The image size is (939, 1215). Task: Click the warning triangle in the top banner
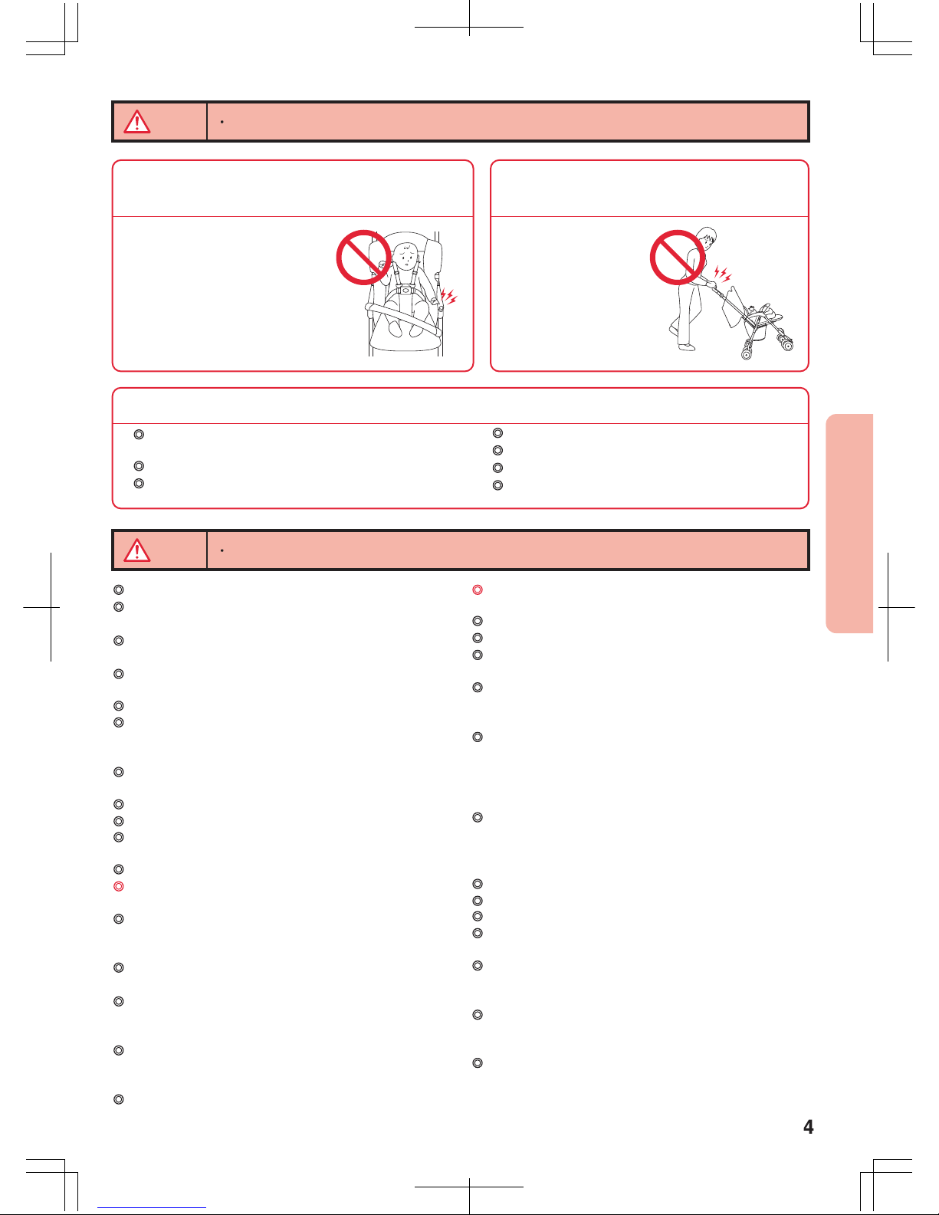[x=137, y=122]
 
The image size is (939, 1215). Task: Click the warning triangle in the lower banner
[x=137, y=550]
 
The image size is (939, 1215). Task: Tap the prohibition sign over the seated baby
[x=363, y=258]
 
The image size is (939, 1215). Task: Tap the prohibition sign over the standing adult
[x=678, y=258]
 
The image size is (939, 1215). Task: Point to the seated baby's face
[x=407, y=258]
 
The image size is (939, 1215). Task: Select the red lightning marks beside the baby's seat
[x=449, y=297]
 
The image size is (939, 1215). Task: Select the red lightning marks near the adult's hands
[x=723, y=274]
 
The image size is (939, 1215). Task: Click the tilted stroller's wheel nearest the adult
[x=746, y=353]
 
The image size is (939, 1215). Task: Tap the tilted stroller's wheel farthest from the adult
[x=787, y=345]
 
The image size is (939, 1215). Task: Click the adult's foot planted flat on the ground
[x=686, y=347]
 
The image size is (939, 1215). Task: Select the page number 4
[x=808, y=1127]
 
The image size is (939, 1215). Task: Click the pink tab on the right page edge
[x=849, y=524]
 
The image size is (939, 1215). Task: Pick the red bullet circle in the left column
[x=119, y=886]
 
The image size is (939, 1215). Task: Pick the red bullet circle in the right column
[x=478, y=590]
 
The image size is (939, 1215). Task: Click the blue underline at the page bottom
[x=152, y=1207]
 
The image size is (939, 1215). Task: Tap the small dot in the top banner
[x=222, y=122]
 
